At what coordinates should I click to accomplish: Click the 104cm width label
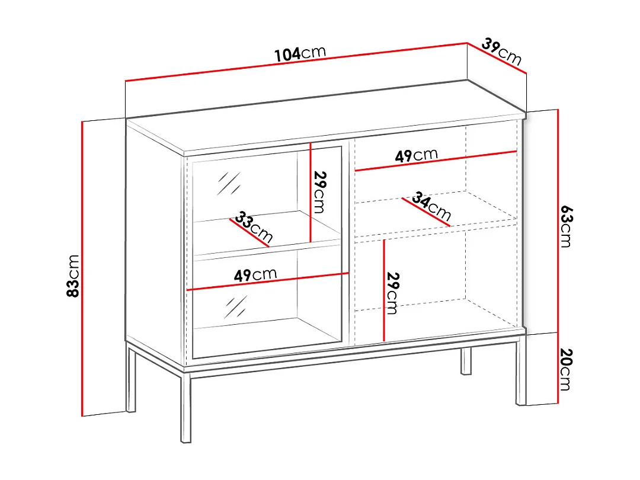click(x=300, y=53)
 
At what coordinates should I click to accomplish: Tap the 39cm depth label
click(x=502, y=52)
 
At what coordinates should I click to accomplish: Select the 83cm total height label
click(x=73, y=276)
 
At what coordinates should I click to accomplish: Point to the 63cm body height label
click(x=566, y=226)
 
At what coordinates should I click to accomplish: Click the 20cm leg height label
click(x=566, y=369)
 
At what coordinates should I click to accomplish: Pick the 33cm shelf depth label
click(x=254, y=226)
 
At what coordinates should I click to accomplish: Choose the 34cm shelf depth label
click(x=431, y=206)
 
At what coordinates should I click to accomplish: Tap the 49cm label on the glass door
click(x=255, y=275)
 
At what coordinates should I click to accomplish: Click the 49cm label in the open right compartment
click(x=417, y=155)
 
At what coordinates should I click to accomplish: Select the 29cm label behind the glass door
click(x=320, y=192)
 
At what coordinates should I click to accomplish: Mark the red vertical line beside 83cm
click(x=82, y=268)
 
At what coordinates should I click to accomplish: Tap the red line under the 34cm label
click(x=426, y=212)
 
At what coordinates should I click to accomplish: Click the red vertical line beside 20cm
click(x=558, y=368)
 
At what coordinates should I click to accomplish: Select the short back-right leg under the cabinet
click(x=466, y=361)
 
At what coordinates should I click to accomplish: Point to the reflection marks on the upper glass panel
click(x=229, y=183)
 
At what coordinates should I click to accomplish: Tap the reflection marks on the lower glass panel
click(x=235, y=307)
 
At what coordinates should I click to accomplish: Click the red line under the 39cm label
click(x=497, y=58)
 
